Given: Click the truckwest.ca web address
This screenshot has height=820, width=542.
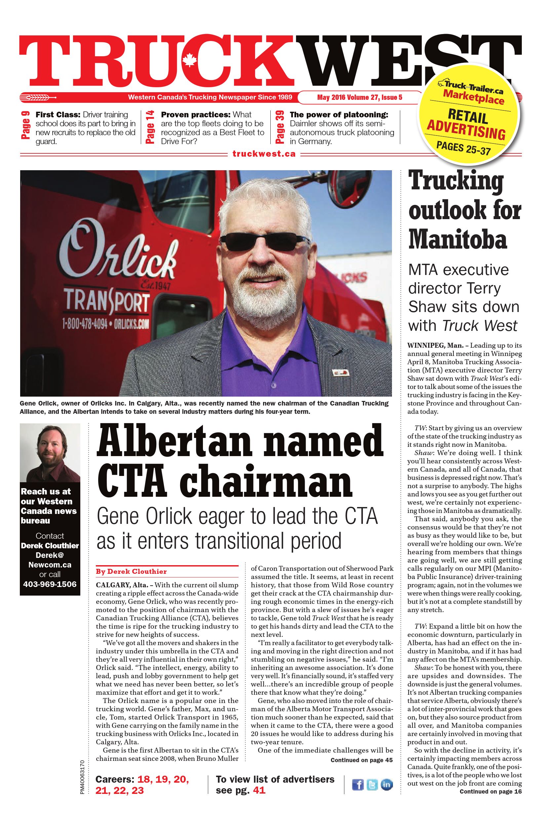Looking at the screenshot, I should pyautogui.click(x=264, y=154).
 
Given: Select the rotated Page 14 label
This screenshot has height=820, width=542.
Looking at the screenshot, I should pyautogui.click(x=151, y=127).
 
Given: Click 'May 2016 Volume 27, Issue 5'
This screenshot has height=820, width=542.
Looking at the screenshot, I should pyautogui.click(x=360, y=98).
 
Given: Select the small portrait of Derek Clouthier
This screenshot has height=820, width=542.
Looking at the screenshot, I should pyautogui.click(x=50, y=452).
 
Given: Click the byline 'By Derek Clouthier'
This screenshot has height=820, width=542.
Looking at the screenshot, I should pyautogui.click(x=131, y=571).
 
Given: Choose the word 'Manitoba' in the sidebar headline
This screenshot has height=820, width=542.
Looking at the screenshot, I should pyautogui.click(x=458, y=239).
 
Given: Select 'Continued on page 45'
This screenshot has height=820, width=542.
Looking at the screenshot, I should pyautogui.click(x=362, y=760).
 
